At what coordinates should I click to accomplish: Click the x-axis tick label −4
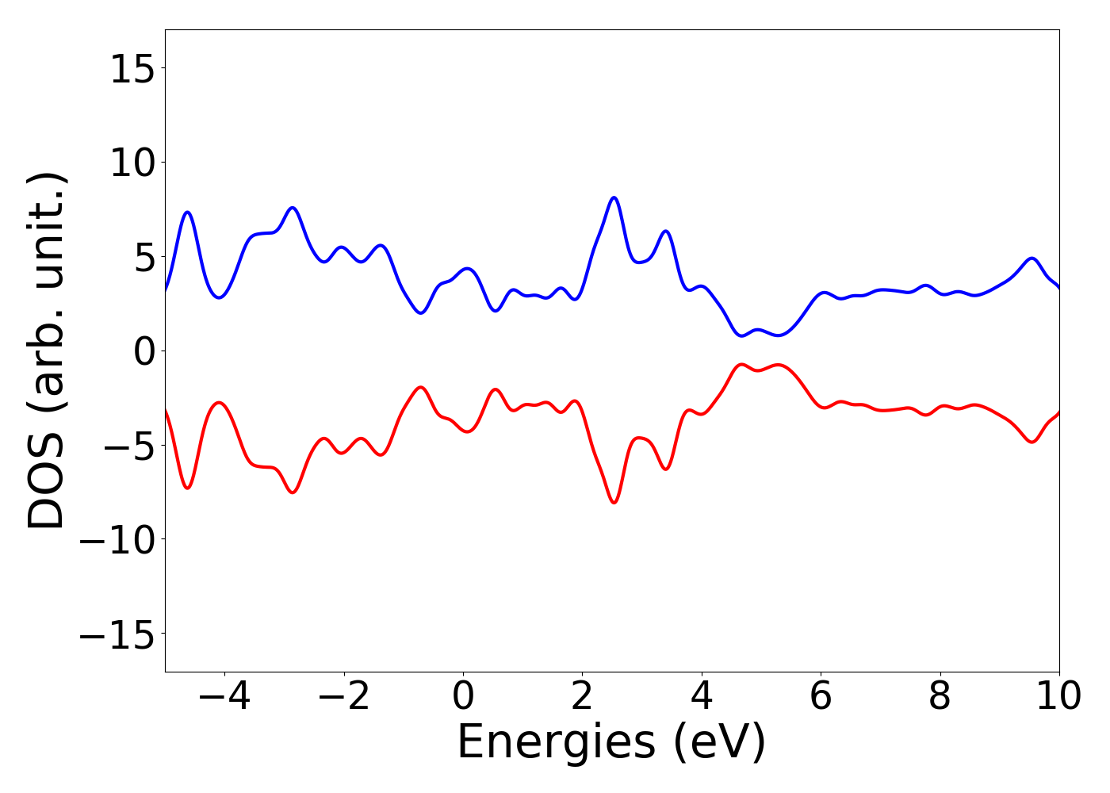pyautogui.click(x=224, y=696)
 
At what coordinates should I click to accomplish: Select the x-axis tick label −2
pyautogui.click(x=343, y=696)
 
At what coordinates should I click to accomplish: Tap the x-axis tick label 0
pyautogui.click(x=463, y=696)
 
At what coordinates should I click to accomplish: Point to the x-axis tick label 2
pyautogui.click(x=582, y=696)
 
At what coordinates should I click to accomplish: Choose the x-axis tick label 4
pyautogui.click(x=702, y=696)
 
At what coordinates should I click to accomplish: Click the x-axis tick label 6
pyautogui.click(x=821, y=696)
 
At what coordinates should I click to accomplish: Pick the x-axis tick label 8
pyautogui.click(x=940, y=696)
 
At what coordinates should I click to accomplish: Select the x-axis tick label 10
pyautogui.click(x=1058, y=696)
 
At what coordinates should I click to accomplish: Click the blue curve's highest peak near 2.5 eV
pyautogui.click(x=614, y=197)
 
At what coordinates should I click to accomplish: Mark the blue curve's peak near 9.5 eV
pyautogui.click(x=1032, y=259)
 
